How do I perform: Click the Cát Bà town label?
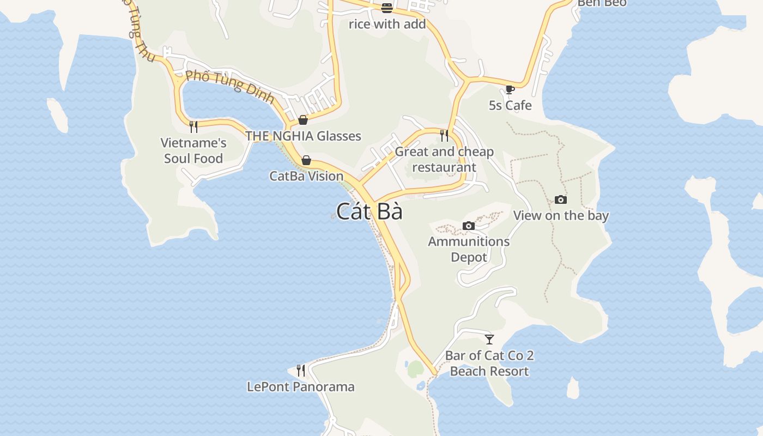[x=370, y=211]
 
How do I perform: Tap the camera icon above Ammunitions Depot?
[x=468, y=226]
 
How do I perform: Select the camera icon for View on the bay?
[x=560, y=200]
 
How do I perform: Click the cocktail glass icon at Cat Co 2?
[x=489, y=340]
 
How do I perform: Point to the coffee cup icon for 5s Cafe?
[x=510, y=89]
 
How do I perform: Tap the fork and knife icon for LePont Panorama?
[x=301, y=371]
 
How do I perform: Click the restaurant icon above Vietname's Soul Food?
[x=193, y=127]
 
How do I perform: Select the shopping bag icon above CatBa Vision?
[x=306, y=160]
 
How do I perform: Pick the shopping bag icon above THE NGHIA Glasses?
[x=303, y=120]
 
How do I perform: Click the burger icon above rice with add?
[x=387, y=8]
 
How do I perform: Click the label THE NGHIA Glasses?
[x=303, y=136]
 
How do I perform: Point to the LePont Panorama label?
[x=301, y=386]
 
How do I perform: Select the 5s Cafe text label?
[x=510, y=105]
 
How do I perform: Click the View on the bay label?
[x=561, y=215]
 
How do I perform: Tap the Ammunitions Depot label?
[x=469, y=249]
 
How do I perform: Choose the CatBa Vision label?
[x=306, y=176]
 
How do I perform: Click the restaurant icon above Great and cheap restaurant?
[x=444, y=135]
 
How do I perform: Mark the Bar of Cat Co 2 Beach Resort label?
[x=489, y=364]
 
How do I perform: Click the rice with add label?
[x=387, y=24]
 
